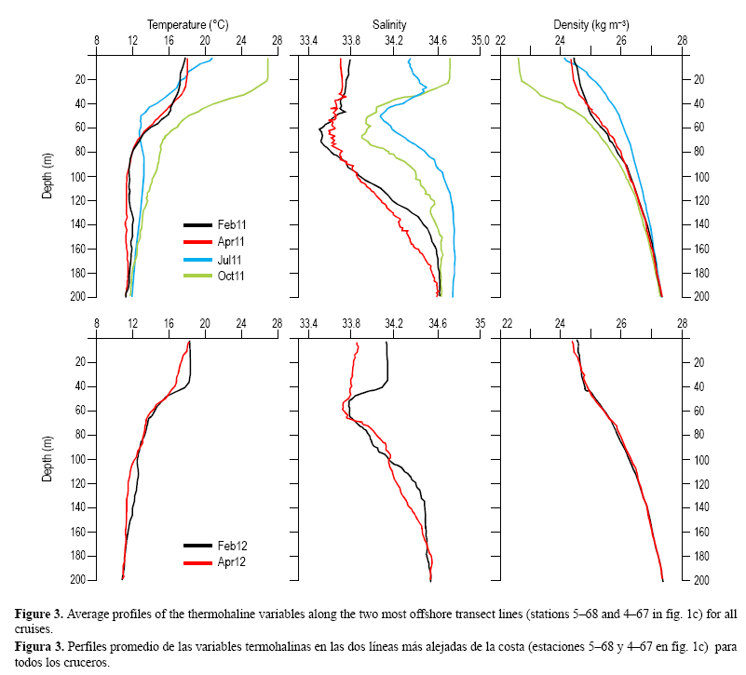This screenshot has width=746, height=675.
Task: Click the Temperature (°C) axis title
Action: point(187,25)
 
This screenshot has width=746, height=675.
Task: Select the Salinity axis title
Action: point(391,25)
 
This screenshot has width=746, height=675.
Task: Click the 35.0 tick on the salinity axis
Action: point(479,41)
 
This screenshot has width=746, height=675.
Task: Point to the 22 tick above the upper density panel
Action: point(501,41)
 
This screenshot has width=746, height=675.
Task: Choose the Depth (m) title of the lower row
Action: point(47,460)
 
